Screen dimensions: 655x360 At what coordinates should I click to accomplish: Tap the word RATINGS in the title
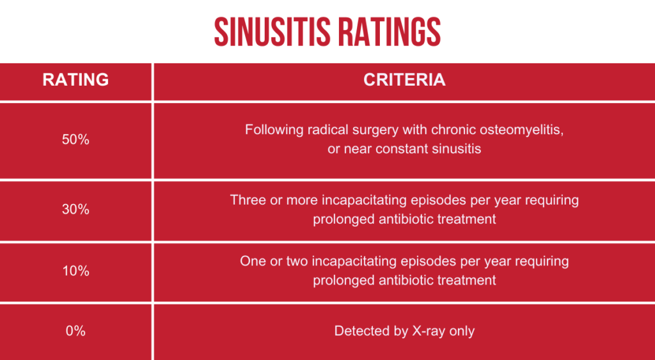[x=390, y=32]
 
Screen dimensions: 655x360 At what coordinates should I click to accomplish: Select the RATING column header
[x=75, y=80]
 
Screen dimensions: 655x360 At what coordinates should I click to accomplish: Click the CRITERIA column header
[x=404, y=80]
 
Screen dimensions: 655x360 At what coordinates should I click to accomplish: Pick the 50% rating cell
[x=75, y=139]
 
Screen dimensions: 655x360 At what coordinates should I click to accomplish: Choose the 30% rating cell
[x=75, y=209]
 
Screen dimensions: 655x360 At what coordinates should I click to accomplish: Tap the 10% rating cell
[x=75, y=271]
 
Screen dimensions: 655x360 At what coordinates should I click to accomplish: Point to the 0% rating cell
[x=75, y=331]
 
